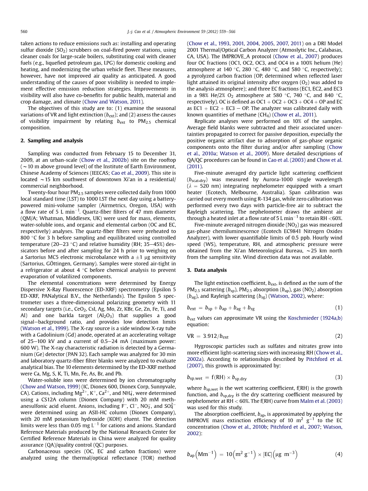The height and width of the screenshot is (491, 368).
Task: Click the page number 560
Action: point(23,31)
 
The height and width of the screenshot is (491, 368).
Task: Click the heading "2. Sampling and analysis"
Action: point(51,140)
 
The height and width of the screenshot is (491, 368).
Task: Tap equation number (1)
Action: point(339,308)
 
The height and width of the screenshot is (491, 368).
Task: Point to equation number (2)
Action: point(339,336)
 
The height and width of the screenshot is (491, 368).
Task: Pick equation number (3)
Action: point(339,376)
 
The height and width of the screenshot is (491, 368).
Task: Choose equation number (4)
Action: point(339,454)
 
